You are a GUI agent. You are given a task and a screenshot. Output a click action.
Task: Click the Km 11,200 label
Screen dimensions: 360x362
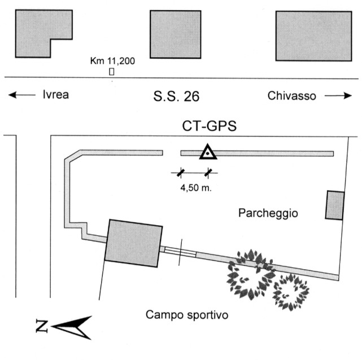coord(113,60)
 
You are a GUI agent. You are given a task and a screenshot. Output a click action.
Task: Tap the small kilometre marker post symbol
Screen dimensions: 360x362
coord(112,71)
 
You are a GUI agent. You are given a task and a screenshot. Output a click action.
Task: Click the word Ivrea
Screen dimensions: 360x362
coord(55,95)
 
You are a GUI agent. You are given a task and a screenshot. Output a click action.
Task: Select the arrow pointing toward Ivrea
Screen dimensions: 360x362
coord(21,95)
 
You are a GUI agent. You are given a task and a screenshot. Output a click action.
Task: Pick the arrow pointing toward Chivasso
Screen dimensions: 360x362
coord(338,95)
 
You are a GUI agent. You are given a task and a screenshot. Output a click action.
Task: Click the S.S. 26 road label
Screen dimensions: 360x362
coord(176,96)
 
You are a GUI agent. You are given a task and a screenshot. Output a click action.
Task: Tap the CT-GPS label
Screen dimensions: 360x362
coord(208,127)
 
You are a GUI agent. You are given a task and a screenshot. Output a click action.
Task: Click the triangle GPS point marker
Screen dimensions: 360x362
coord(208,152)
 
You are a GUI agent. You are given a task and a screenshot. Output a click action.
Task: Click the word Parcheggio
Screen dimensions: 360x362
coord(268,213)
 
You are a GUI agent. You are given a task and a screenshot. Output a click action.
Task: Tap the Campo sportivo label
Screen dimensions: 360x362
coord(186,314)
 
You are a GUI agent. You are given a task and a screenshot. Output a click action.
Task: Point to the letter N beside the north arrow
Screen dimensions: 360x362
coord(40,326)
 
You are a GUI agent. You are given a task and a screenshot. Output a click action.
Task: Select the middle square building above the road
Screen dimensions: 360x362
coord(176,34)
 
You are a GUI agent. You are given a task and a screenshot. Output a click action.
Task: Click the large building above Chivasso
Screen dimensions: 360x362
coord(313,36)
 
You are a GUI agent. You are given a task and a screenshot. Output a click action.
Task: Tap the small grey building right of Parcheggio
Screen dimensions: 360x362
coord(335,205)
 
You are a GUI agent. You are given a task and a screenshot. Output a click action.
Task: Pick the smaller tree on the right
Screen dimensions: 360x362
coord(291,291)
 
